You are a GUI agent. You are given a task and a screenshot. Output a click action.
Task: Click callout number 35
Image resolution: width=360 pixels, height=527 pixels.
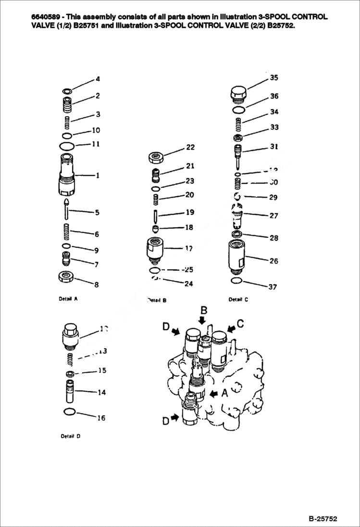pyautogui.click(x=274, y=78)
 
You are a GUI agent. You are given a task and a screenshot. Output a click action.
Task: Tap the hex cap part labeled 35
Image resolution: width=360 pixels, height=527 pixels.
pyautogui.click(x=238, y=94)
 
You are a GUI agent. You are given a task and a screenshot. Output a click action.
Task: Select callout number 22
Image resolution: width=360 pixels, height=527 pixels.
pyautogui.click(x=191, y=147)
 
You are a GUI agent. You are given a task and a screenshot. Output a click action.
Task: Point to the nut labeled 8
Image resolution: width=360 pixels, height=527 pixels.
pyautogui.click(x=65, y=277)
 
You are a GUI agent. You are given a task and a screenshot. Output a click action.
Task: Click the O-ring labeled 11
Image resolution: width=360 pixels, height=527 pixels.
pyautogui.click(x=67, y=145)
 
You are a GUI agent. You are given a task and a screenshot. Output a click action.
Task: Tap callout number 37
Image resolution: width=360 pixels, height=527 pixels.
pyautogui.click(x=273, y=287)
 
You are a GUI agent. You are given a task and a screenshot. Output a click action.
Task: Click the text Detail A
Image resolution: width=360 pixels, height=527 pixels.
pyautogui.click(x=68, y=298)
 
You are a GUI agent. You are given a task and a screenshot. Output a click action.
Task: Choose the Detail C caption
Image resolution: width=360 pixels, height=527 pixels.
pyautogui.click(x=238, y=299)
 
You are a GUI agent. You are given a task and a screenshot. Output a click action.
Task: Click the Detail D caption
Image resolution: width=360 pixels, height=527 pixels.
pyautogui.click(x=71, y=436)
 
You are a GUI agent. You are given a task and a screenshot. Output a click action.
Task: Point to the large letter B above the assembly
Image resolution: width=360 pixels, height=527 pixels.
pyautogui.click(x=203, y=310)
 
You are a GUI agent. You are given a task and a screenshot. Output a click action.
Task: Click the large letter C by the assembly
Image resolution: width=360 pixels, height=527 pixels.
pyautogui.click(x=240, y=323)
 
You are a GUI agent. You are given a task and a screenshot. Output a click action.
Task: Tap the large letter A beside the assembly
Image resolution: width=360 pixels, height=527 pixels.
pyautogui.click(x=224, y=393)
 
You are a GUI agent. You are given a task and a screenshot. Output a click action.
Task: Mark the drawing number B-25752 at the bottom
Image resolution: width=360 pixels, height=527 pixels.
pyautogui.click(x=323, y=519)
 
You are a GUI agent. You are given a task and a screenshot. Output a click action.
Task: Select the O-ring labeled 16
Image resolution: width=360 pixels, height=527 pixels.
pyautogui.click(x=69, y=411)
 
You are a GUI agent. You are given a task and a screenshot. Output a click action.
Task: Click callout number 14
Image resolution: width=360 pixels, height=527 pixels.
pyautogui.click(x=101, y=392)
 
